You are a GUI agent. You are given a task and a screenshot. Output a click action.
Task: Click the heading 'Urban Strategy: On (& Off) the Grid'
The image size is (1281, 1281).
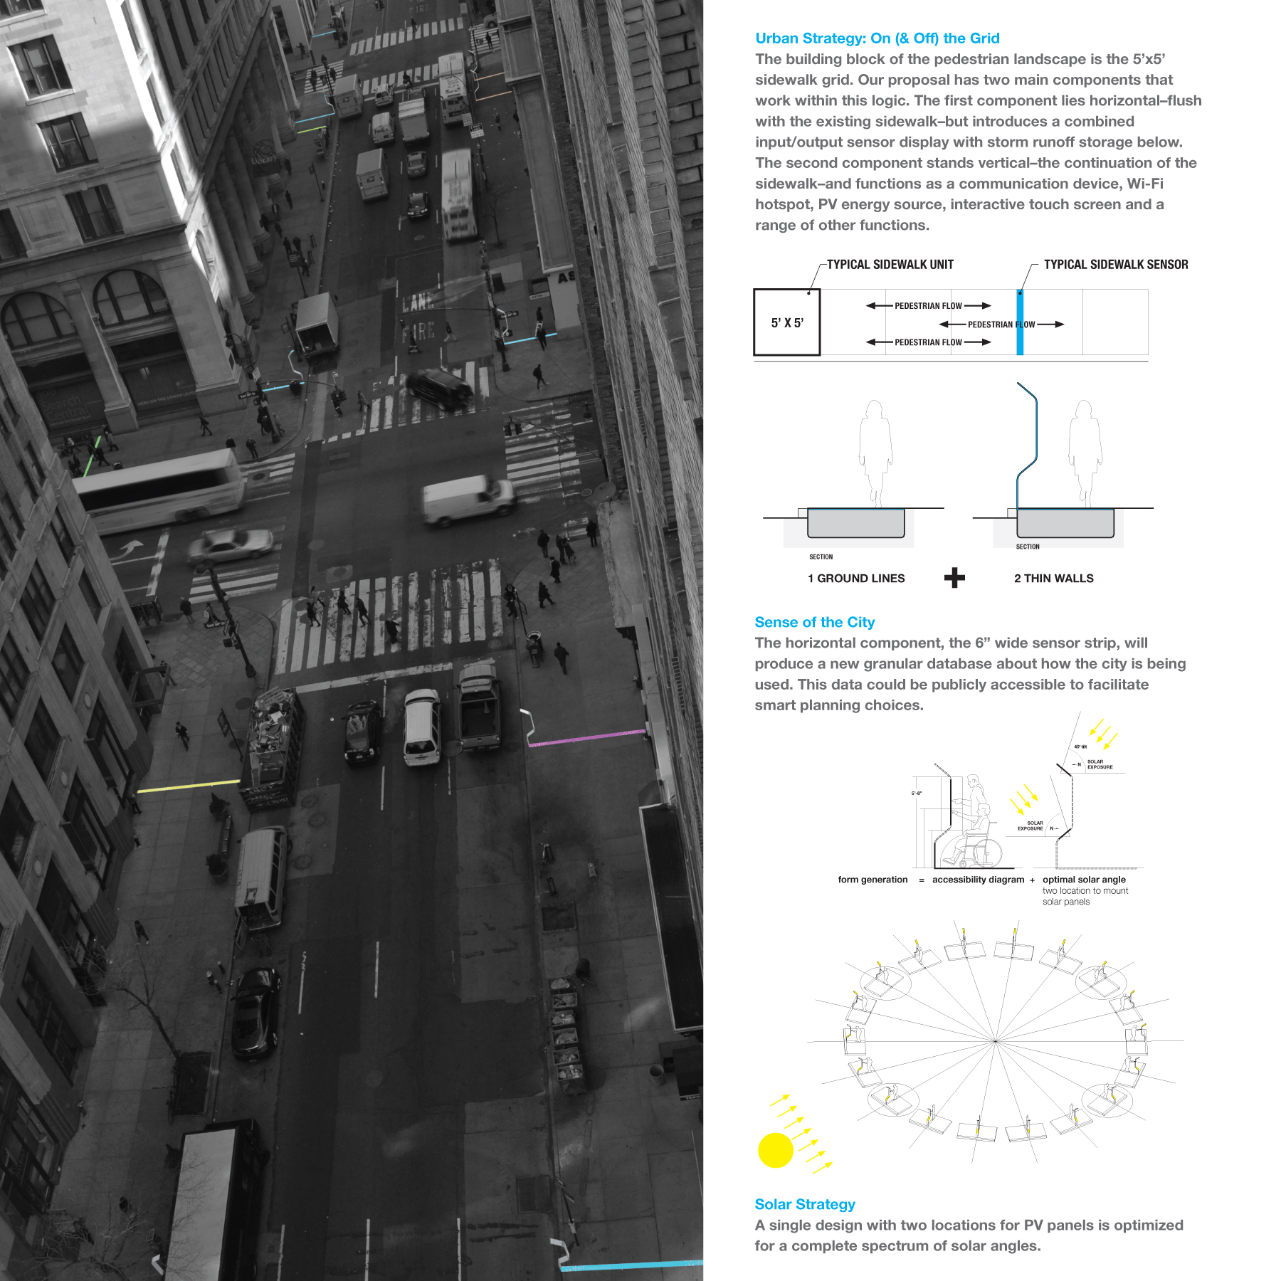877,38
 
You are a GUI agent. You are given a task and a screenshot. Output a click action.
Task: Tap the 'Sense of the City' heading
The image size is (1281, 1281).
814,622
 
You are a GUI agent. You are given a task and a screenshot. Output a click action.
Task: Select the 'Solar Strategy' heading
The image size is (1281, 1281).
804,1204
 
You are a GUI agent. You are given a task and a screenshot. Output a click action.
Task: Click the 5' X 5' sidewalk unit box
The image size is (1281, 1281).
787,322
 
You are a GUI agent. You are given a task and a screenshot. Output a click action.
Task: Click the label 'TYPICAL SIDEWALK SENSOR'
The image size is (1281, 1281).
1115,265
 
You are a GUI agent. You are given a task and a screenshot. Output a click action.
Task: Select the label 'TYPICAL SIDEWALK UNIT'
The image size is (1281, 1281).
890,265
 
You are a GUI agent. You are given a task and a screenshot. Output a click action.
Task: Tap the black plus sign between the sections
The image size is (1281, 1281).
954,578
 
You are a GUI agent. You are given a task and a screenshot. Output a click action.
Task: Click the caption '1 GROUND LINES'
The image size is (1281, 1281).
856,579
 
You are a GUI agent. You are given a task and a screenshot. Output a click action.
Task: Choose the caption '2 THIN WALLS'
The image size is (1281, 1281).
1053,579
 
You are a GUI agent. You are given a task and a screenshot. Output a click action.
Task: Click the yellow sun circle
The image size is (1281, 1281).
775,1150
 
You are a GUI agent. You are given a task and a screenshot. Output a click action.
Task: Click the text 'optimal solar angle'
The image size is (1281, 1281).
1084,880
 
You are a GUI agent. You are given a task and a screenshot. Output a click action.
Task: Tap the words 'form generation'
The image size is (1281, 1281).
873,880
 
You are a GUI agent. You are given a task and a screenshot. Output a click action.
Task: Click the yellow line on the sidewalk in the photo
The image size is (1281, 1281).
188,786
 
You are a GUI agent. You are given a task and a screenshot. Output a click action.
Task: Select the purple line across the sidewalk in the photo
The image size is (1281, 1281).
587,737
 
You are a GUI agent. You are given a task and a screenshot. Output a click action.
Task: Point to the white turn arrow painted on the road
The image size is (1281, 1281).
130,549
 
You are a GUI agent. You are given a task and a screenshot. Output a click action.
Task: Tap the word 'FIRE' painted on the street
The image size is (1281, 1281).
418,331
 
